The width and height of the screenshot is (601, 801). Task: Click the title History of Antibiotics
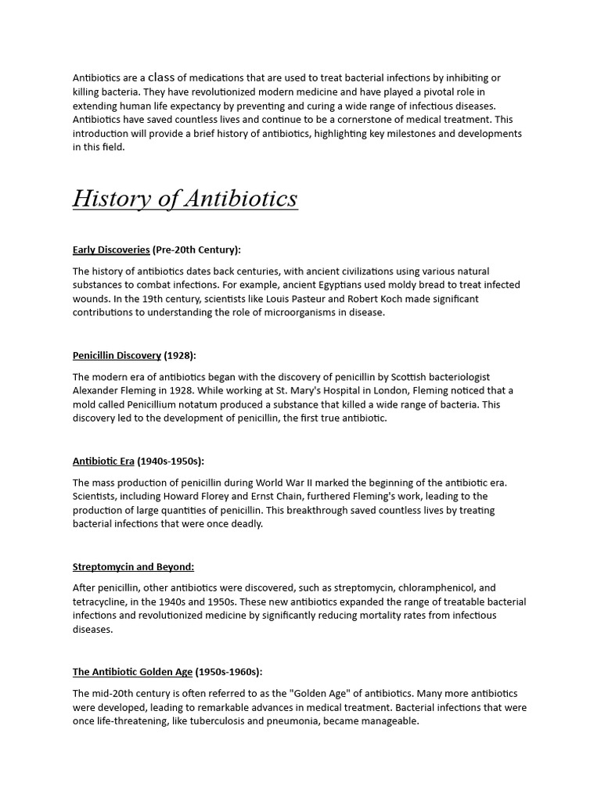185,199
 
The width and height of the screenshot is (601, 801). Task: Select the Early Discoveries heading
111,250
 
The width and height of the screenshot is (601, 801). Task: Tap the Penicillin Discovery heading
117,355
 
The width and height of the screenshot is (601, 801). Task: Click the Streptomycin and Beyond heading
133,566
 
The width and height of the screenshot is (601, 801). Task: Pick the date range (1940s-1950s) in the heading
171,461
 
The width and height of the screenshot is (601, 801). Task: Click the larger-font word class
161,77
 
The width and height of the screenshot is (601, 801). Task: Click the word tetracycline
101,602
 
